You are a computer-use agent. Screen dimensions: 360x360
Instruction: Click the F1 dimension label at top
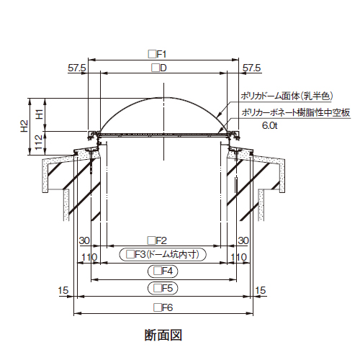[157, 54]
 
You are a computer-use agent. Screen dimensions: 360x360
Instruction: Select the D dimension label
[159, 68]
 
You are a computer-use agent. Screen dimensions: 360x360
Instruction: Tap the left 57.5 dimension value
[77, 68]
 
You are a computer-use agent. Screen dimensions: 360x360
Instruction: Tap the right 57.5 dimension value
[251, 68]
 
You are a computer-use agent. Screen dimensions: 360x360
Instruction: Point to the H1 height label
[40, 114]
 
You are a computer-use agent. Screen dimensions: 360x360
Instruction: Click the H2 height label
[24, 126]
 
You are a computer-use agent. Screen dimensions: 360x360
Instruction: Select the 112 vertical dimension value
[39, 142]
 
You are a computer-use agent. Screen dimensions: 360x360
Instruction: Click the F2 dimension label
[157, 240]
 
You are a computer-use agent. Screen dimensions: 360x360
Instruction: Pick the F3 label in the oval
[163, 254]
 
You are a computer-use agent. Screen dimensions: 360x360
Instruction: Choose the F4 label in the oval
[163, 271]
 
